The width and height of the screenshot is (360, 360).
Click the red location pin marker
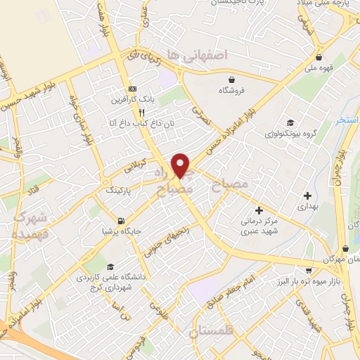pyautogui.click(x=181, y=165)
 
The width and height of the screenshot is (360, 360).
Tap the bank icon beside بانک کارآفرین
pyautogui.click(x=131, y=89)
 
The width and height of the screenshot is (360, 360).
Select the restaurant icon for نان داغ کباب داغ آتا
pyautogui.click(x=141, y=112)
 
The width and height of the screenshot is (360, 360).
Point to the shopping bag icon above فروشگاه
pyautogui.click(x=231, y=79)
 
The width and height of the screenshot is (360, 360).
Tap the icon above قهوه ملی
pyautogui.click(x=320, y=58)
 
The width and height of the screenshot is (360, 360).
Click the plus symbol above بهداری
pyautogui.click(x=307, y=195)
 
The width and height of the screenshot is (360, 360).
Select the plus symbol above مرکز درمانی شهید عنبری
pyautogui.click(x=259, y=210)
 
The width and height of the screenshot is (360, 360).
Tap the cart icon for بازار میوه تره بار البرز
pyautogui.click(x=308, y=270)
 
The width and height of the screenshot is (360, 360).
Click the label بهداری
pyautogui.click(x=308, y=207)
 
